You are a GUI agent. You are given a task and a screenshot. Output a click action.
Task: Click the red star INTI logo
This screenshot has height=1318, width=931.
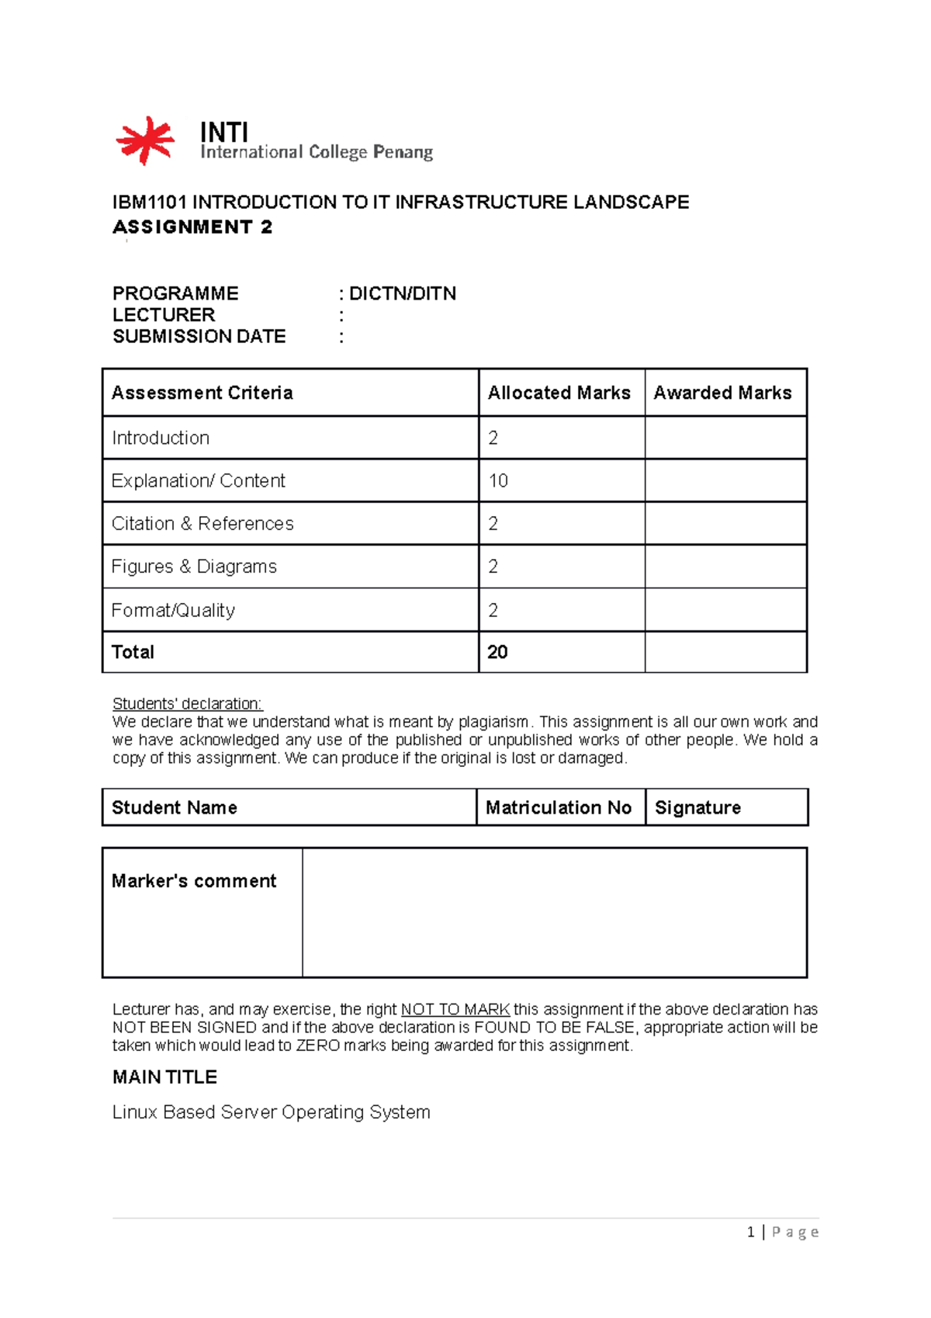145,140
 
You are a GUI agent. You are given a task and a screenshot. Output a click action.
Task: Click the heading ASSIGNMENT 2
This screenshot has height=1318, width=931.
192,227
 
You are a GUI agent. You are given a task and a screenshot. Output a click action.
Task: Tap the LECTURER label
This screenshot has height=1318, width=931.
164,315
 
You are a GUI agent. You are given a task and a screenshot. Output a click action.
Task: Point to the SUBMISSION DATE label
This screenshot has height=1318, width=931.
199,336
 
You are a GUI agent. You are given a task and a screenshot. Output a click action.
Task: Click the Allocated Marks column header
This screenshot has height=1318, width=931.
559,393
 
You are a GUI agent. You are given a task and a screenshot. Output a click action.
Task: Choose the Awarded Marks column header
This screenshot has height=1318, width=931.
722,393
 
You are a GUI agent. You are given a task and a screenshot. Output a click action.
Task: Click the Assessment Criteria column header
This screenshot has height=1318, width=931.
202,393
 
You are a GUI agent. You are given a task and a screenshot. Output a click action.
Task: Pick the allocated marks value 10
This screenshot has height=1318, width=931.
498,480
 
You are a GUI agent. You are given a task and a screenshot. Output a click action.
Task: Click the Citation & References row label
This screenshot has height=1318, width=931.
202,523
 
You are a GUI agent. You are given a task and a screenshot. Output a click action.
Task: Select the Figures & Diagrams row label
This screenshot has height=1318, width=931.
194,567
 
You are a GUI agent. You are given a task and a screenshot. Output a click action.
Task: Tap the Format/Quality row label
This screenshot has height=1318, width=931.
173,610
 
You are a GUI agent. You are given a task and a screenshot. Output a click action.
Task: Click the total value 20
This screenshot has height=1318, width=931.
497,652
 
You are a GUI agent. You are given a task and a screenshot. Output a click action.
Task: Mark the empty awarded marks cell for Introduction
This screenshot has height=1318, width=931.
725,438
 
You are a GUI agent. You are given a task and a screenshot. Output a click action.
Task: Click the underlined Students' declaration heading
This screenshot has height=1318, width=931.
187,703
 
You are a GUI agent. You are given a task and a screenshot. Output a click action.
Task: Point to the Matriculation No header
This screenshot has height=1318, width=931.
558,807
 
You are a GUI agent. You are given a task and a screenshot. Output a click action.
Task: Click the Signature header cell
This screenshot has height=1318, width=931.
697,807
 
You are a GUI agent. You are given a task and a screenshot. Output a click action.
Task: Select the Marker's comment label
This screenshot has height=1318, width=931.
194,881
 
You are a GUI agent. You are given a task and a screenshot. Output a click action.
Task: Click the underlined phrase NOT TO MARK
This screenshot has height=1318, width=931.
455,1009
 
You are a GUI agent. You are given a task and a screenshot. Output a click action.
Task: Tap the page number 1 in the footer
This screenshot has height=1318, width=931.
750,1232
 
